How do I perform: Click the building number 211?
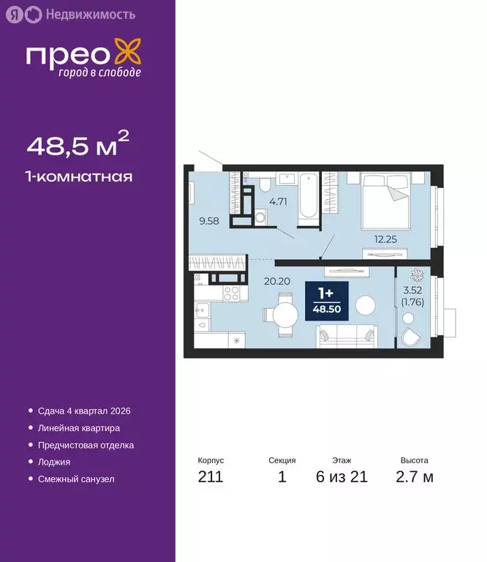pyautogui.click(x=211, y=478)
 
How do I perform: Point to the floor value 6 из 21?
pyautogui.click(x=341, y=478)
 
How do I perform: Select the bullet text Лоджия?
pyautogui.click(x=53, y=462)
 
